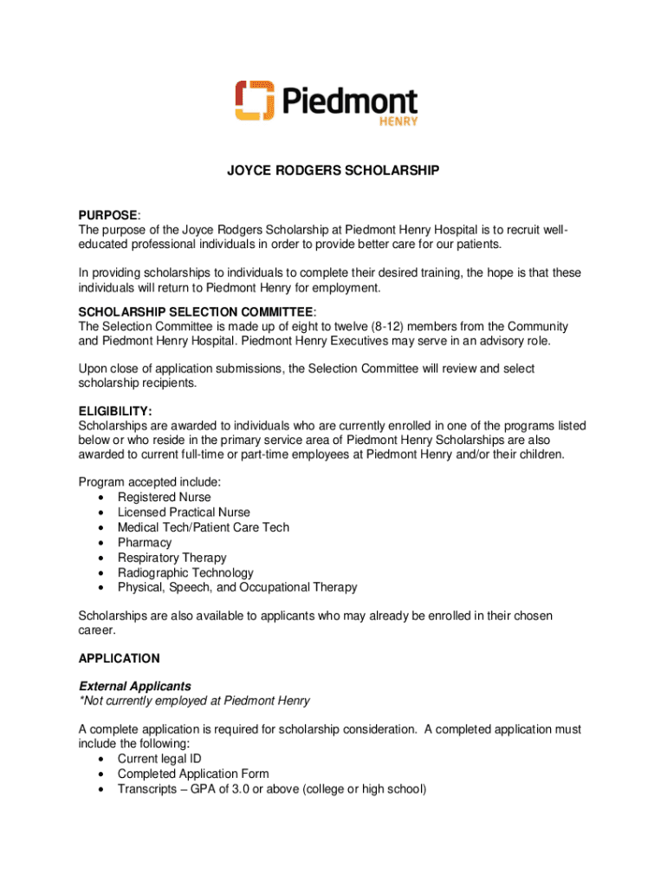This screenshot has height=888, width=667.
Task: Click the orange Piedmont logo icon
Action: point(255,101)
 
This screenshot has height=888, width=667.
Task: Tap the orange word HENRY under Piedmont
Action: point(399,121)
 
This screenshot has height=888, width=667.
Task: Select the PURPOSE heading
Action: point(108,215)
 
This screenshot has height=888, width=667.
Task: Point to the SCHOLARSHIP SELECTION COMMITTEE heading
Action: point(196,311)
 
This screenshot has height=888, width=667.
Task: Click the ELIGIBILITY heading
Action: point(115,411)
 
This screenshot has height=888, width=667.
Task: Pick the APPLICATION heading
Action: point(119,658)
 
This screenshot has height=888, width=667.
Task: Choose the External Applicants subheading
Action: point(134,686)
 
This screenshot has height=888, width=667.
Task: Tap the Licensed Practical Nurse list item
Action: point(184,513)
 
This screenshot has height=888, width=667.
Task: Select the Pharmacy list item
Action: point(145,542)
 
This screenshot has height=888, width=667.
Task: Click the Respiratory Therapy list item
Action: point(172,558)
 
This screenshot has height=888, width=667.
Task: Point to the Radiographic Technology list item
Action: point(185,572)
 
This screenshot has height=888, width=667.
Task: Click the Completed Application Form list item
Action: point(193,774)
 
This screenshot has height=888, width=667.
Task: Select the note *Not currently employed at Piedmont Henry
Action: point(194,701)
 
